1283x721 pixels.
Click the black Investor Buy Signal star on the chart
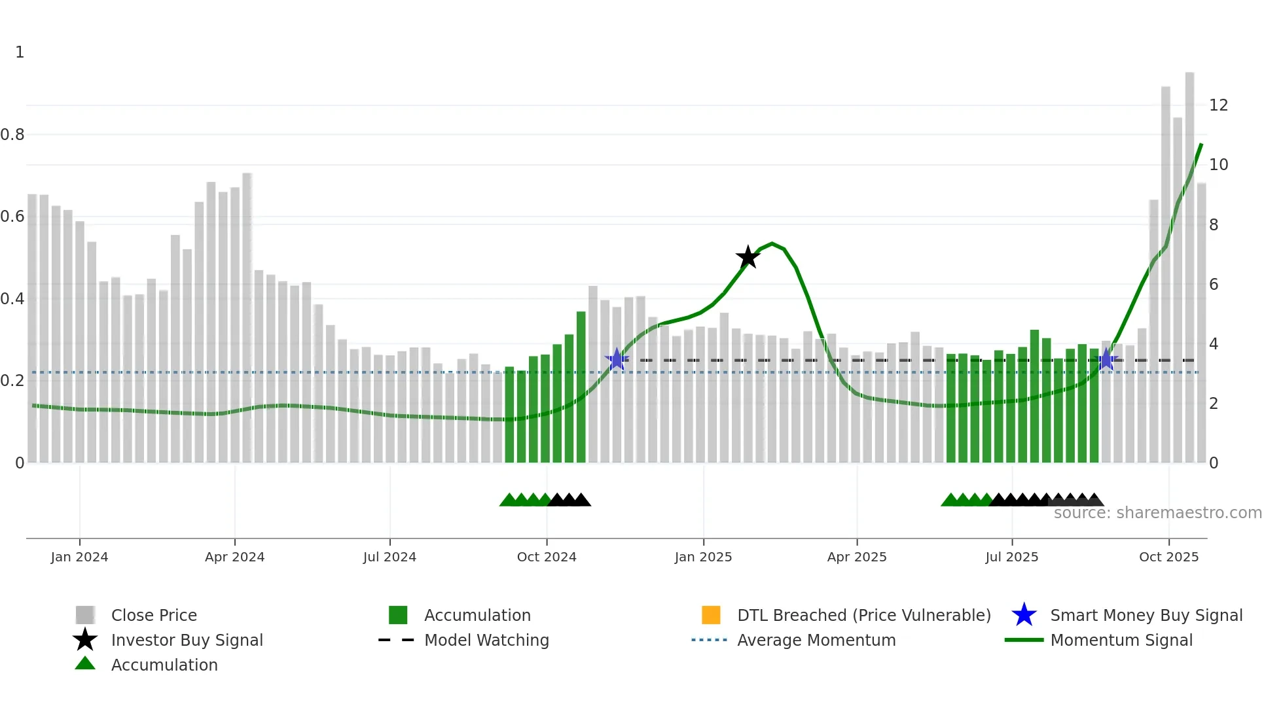point(748,257)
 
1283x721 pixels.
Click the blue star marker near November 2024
point(617,359)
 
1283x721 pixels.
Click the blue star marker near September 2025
point(1106,359)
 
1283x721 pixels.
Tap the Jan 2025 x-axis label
point(703,557)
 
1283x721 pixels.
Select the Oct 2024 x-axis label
point(547,557)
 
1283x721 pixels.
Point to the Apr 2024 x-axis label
point(234,557)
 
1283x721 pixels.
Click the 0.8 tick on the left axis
point(12,135)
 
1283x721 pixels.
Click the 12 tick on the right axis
point(1218,105)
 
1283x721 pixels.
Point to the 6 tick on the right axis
point(1214,285)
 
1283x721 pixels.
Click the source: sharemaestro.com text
point(1157,513)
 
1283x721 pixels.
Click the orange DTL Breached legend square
point(711,615)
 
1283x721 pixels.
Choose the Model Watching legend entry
point(486,641)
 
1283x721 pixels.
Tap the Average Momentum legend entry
point(816,641)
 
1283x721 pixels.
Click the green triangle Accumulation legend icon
point(85,664)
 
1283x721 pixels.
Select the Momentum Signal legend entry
point(1121,641)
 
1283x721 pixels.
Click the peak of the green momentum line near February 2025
point(772,243)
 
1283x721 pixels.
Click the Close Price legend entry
point(153,616)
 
